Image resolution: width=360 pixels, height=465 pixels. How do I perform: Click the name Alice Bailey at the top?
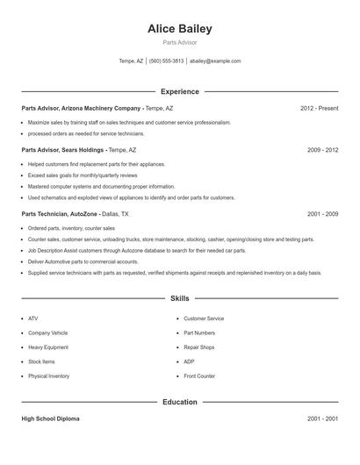click(180, 29)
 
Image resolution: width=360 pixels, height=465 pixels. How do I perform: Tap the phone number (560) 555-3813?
click(167, 61)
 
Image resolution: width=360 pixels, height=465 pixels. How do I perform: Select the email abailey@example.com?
click(215, 61)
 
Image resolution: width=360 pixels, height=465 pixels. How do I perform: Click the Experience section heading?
click(180, 91)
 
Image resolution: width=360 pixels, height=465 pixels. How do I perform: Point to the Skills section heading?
click(180, 299)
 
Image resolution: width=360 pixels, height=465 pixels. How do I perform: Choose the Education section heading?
click(180, 402)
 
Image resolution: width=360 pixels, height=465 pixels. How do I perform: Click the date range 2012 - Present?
click(319, 108)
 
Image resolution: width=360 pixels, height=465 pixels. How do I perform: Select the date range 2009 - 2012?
click(322, 150)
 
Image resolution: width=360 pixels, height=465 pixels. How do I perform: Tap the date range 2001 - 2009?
click(322, 213)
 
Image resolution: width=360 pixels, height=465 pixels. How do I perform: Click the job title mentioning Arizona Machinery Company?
click(97, 108)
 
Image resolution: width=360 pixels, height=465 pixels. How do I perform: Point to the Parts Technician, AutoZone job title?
click(75, 213)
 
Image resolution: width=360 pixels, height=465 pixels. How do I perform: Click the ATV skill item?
click(33, 318)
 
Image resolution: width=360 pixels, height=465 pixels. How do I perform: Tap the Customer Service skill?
click(204, 318)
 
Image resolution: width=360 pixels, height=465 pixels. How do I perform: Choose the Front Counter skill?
click(199, 376)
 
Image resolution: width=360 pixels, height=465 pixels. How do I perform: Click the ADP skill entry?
click(189, 361)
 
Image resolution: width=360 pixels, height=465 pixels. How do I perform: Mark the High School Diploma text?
click(50, 418)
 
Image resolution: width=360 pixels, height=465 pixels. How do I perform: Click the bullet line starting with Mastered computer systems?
click(101, 186)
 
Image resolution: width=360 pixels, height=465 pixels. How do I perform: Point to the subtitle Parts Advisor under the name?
click(180, 42)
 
